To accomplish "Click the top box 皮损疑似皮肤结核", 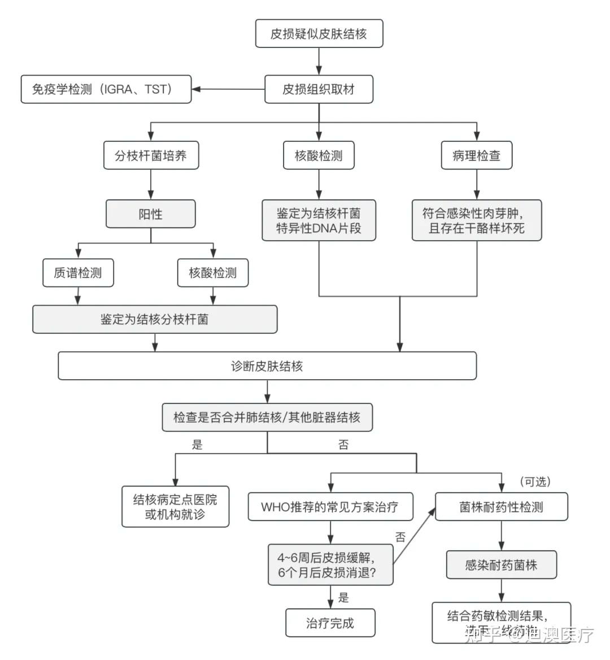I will pyautogui.click(x=319, y=33).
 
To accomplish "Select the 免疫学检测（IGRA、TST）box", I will pyautogui.click(x=106, y=89).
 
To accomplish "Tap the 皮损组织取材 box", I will pyautogui.click(x=319, y=89).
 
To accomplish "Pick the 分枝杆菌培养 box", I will pyautogui.click(x=151, y=155).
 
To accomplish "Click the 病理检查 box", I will pyautogui.click(x=476, y=155).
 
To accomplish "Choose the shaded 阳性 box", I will pyautogui.click(x=151, y=214).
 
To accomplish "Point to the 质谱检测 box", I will pyautogui.click(x=78, y=273).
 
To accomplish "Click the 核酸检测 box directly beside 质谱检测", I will pyautogui.click(x=212, y=273).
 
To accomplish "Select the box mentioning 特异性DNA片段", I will pyautogui.click(x=319, y=221).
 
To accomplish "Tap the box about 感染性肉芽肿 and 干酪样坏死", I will pyautogui.click(x=476, y=221).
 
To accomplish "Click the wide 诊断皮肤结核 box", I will pyautogui.click(x=267, y=366).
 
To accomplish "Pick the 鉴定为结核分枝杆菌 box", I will pyautogui.click(x=155, y=319).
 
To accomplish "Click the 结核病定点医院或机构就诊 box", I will pyautogui.click(x=175, y=507).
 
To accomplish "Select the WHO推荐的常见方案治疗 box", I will pyautogui.click(x=330, y=507).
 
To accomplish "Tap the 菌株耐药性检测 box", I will pyautogui.click(x=501, y=507).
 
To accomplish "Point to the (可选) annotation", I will pyautogui.click(x=534, y=481).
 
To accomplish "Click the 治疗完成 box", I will pyautogui.click(x=330, y=623).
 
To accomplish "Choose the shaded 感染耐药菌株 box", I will pyautogui.click(x=501, y=565).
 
